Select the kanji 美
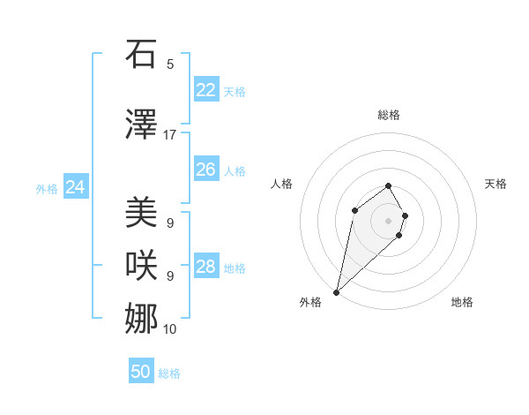(142, 212)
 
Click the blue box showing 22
(205, 90)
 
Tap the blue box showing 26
(205, 170)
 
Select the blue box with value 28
(205, 267)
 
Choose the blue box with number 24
(76, 187)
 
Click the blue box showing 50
(141, 372)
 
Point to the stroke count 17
(170, 135)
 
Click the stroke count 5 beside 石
(170, 64)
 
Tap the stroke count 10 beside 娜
(170, 329)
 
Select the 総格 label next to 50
(169, 373)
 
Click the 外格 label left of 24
(47, 189)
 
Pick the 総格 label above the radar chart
(388, 115)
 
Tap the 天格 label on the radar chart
(495, 184)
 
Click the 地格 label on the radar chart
(462, 302)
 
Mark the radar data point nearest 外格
(336, 291)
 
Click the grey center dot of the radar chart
(388, 220)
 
